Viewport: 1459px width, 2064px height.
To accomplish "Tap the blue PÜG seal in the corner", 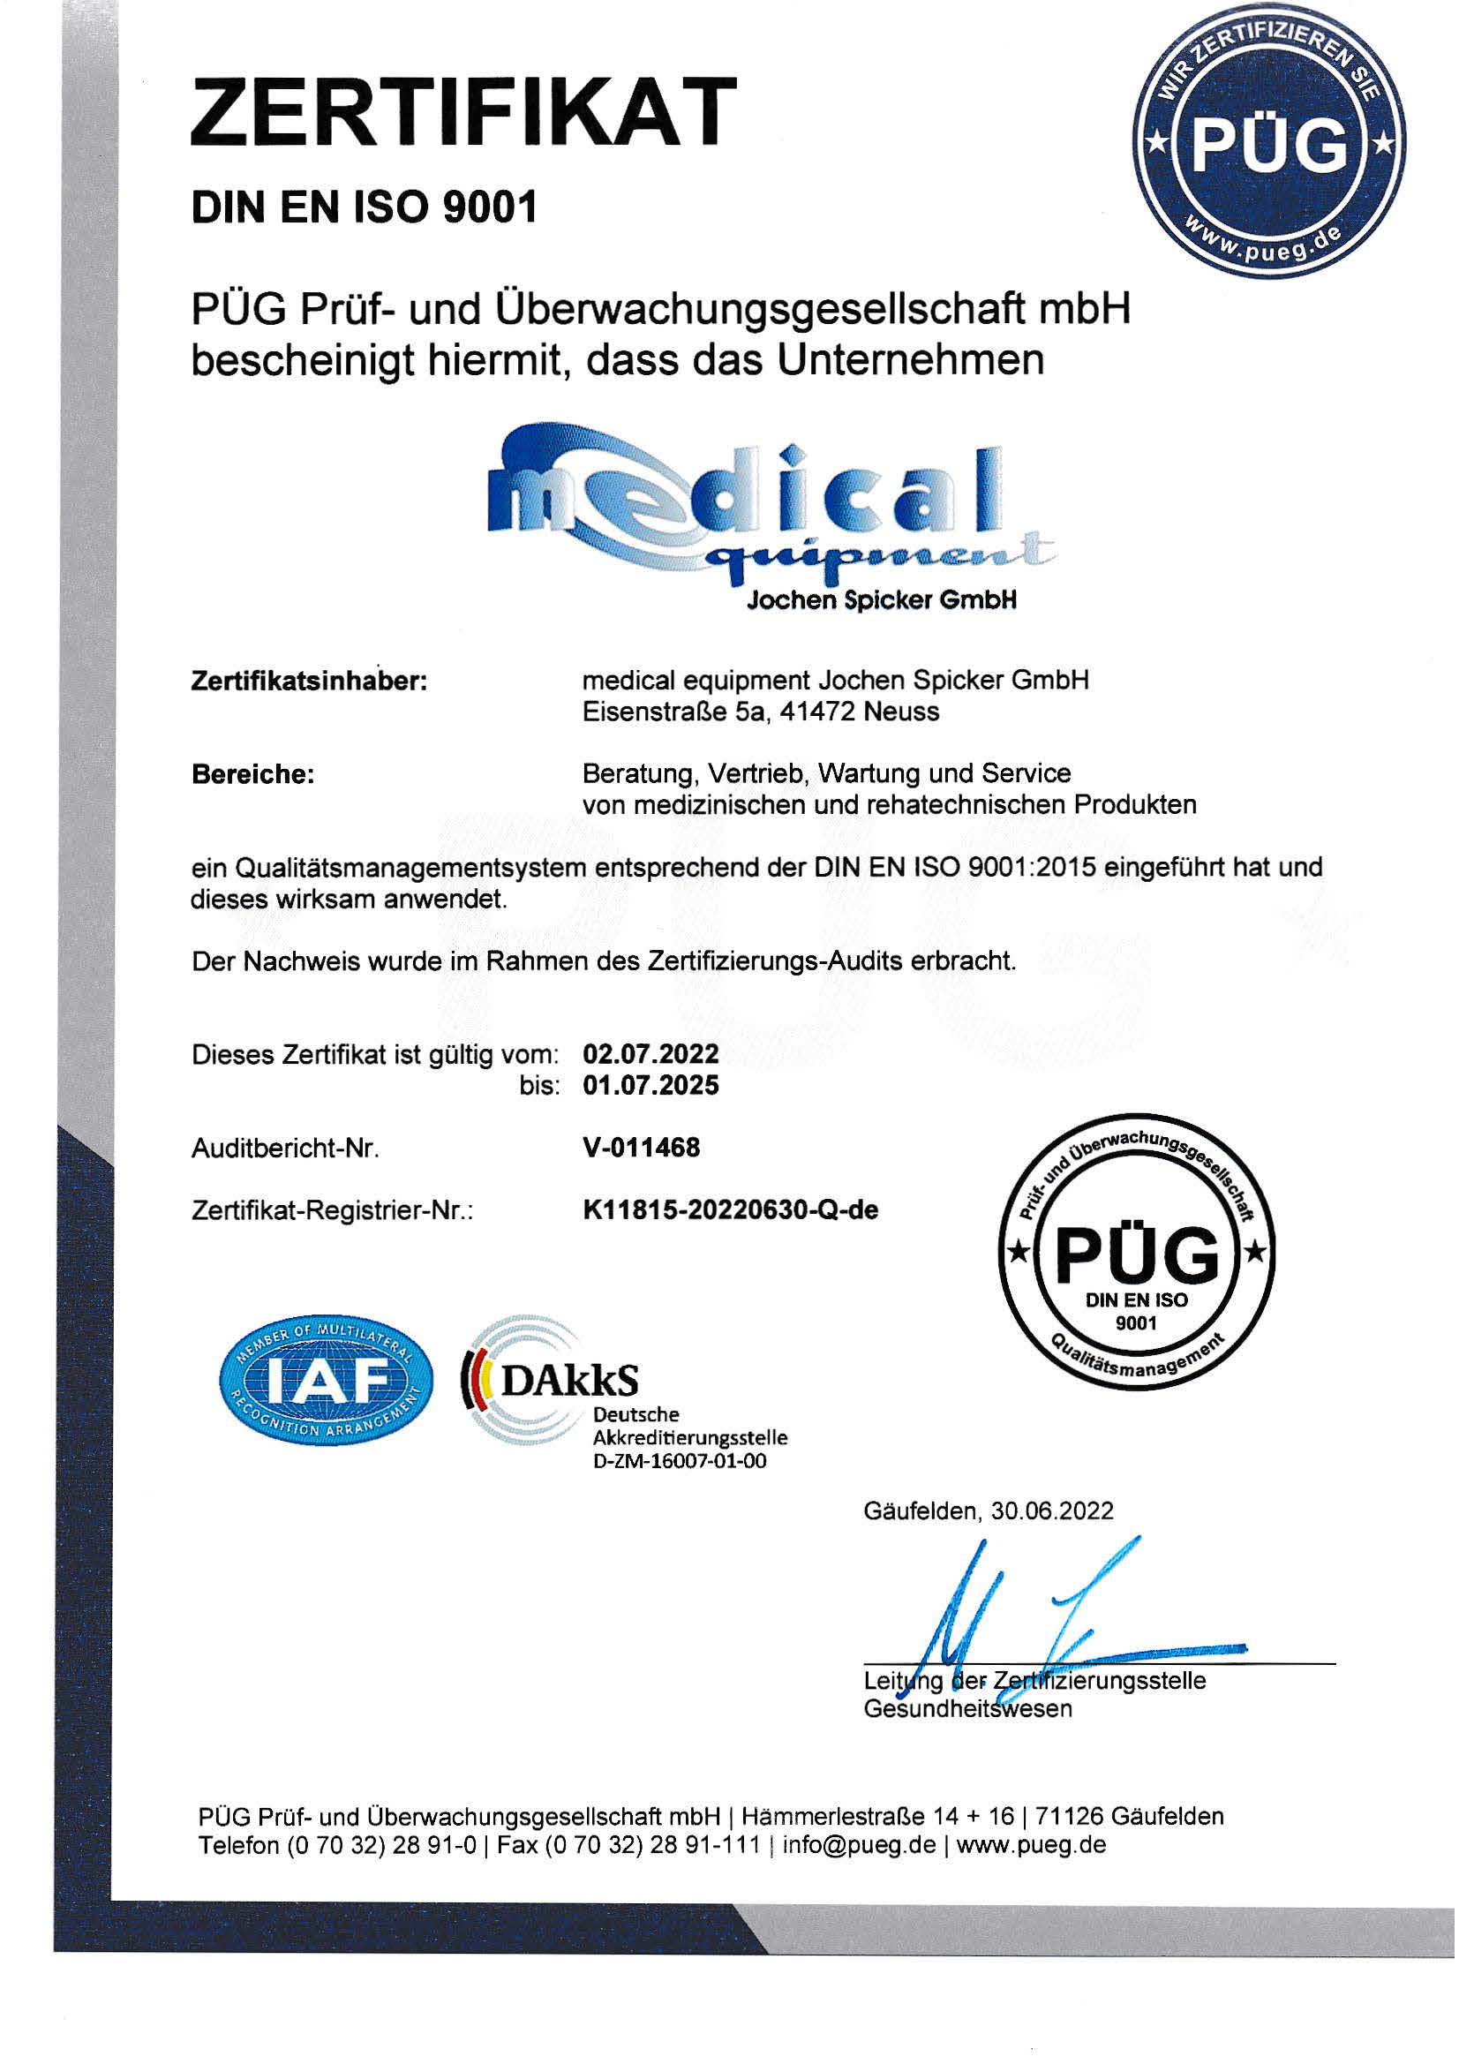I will click(x=1269, y=142).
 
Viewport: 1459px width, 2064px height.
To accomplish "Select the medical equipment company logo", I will click(x=771, y=517).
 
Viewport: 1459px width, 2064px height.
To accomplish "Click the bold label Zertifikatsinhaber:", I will click(x=309, y=682).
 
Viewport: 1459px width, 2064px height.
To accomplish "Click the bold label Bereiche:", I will click(x=252, y=774).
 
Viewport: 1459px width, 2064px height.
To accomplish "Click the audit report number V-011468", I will click(x=641, y=1147).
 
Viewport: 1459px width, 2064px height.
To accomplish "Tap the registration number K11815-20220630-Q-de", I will click(x=730, y=1210).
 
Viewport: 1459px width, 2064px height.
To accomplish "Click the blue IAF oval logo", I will click(x=326, y=1381).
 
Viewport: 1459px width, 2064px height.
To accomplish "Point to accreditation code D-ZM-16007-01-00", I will click(x=680, y=1461).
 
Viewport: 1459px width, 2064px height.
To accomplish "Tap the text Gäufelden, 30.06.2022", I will click(x=988, y=1510).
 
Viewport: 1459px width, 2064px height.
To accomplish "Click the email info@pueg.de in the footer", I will click(x=860, y=1846).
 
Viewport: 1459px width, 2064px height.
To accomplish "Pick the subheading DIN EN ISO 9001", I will click(x=364, y=207).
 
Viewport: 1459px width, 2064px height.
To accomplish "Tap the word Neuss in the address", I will click(x=902, y=712).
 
